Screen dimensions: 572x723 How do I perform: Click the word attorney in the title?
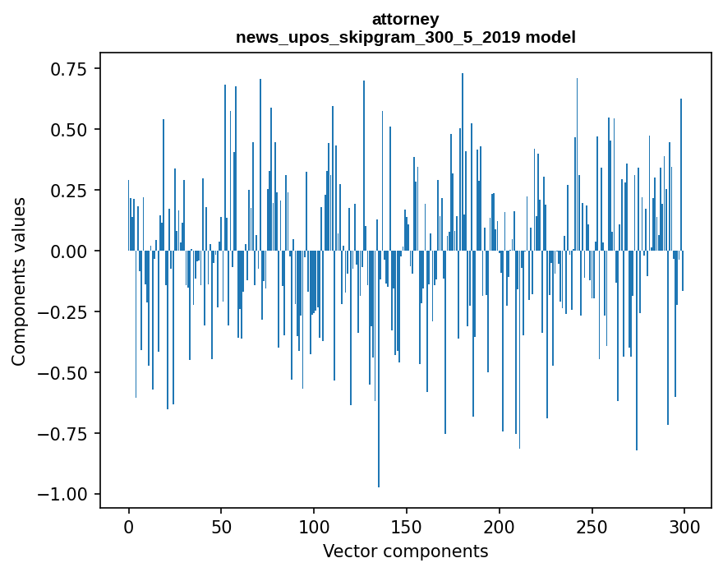coord(405,19)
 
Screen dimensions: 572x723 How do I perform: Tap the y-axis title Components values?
coord(18,281)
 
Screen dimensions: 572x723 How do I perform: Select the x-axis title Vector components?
coord(405,551)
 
